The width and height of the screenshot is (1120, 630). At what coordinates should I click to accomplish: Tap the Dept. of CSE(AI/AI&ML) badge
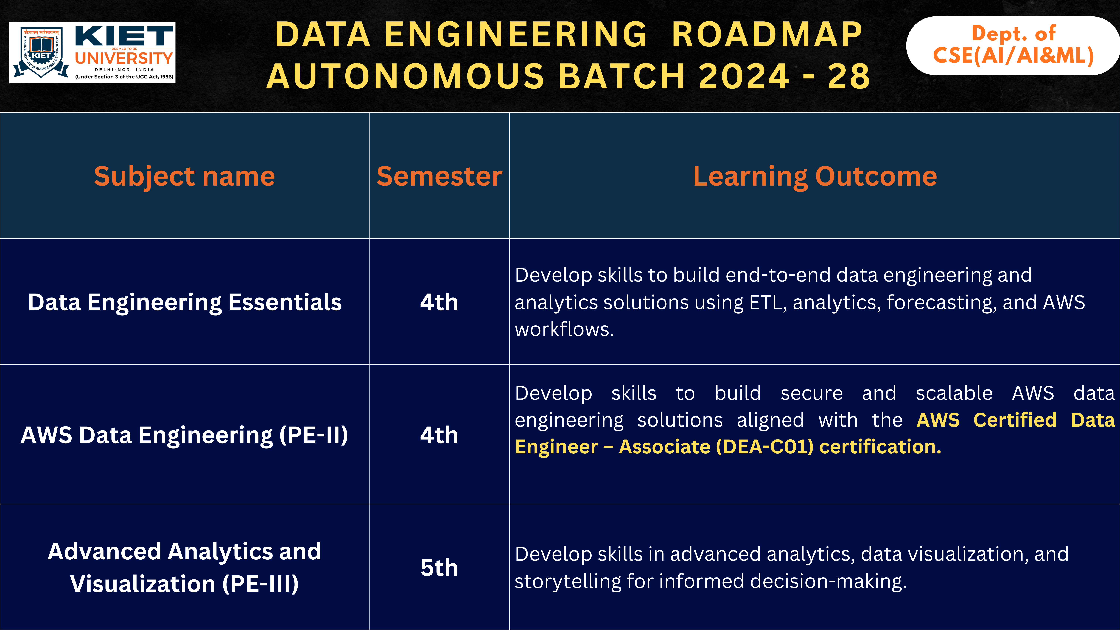point(1013,45)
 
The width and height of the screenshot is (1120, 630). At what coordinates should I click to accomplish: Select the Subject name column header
point(184,176)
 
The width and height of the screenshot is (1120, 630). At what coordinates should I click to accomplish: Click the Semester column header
point(439,176)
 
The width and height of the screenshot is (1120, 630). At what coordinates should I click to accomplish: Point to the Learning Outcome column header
point(814,176)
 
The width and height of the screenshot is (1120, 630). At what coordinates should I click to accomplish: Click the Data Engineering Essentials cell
point(184,302)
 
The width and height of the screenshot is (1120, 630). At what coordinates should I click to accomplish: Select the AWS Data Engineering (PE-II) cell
point(184,435)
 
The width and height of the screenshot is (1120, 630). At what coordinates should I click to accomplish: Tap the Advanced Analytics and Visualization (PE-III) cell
point(184,567)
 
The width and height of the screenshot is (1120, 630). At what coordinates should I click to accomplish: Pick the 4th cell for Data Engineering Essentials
point(439,302)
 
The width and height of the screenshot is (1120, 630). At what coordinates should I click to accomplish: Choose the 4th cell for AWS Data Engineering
point(439,435)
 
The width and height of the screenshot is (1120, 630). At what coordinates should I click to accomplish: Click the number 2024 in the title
point(743,77)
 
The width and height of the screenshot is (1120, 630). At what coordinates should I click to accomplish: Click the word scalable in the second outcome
point(954,393)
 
